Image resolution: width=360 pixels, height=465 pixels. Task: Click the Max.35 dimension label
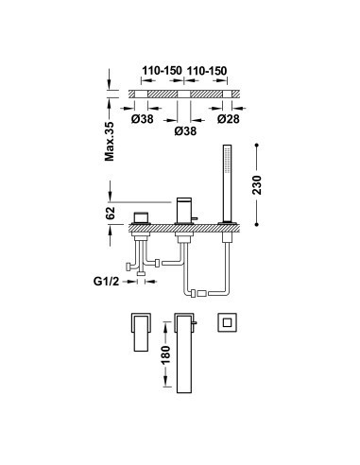110,141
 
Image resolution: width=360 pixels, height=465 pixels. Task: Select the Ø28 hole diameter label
229,119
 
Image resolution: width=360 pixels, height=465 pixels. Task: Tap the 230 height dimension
257,185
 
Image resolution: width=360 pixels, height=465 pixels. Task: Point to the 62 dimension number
110,213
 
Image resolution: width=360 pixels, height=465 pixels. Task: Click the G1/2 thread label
107,281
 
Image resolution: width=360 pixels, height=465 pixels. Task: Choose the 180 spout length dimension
166,354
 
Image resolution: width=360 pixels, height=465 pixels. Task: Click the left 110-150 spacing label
162,71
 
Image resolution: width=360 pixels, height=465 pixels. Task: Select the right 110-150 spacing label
207,71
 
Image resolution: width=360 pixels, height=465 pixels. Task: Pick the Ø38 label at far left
143,119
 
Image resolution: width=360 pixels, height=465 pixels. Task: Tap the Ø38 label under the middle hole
185,131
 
